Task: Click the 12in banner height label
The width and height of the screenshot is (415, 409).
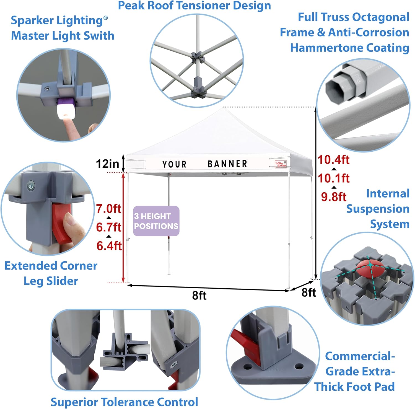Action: (107, 164)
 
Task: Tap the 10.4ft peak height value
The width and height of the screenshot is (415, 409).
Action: (333, 160)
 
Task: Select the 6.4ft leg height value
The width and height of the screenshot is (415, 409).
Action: (109, 245)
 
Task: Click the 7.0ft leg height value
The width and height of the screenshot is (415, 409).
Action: (108, 208)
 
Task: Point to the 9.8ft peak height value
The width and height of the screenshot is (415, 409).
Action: (334, 197)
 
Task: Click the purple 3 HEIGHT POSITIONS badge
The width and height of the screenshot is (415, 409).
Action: (156, 221)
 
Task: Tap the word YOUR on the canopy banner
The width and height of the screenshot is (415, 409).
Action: (174, 164)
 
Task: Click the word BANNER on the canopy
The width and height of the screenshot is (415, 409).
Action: (227, 164)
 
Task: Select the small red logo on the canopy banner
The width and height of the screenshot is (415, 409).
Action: (281, 164)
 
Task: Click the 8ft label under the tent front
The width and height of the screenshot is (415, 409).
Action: (199, 296)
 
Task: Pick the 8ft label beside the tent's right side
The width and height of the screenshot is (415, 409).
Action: (308, 292)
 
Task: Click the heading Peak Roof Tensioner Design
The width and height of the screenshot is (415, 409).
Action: (194, 6)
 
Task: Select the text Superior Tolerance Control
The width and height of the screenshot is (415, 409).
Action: (124, 402)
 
